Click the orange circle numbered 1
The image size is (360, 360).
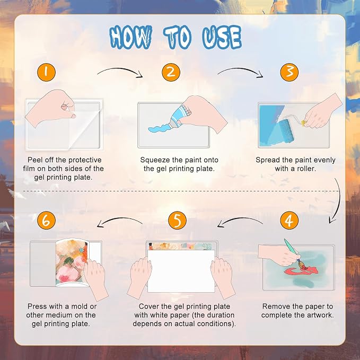(x=46, y=72)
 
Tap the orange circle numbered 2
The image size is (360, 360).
(x=171, y=72)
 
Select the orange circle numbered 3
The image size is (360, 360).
(x=289, y=72)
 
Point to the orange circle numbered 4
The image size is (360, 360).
(x=289, y=221)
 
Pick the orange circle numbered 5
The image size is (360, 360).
(x=177, y=221)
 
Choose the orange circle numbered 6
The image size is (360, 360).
(x=46, y=221)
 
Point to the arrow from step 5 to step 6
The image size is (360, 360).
(x=119, y=218)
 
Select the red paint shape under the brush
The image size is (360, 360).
(x=300, y=271)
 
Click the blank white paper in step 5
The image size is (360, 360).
(x=181, y=271)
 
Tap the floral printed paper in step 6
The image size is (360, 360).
(x=72, y=262)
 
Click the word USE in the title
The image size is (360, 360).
(x=222, y=38)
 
